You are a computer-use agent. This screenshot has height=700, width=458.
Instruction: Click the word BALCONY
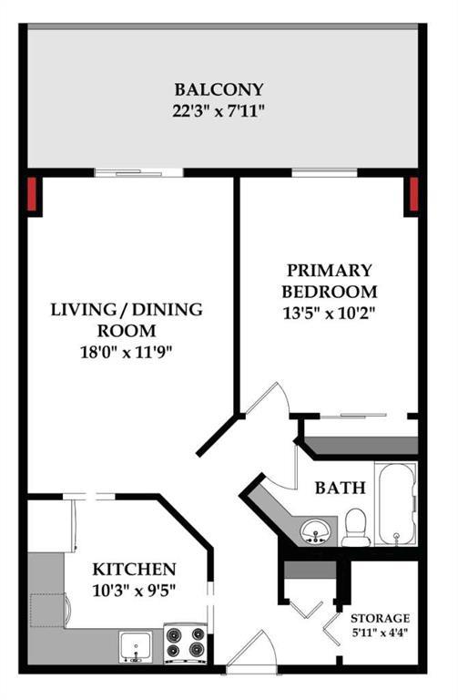(219, 89)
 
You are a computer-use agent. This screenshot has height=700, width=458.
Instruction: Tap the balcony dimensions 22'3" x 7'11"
(219, 112)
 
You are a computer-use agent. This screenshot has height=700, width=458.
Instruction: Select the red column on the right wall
(412, 193)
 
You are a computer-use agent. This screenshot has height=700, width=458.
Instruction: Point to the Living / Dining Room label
(126, 320)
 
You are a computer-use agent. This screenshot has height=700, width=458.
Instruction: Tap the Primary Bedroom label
(329, 281)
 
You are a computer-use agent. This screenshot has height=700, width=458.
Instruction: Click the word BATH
(340, 488)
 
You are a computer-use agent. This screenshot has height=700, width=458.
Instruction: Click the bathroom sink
(316, 530)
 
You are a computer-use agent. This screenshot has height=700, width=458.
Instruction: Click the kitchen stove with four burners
(185, 643)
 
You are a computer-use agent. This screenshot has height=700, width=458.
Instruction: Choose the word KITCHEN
(135, 569)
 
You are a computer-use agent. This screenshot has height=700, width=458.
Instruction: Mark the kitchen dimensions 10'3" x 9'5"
(135, 590)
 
